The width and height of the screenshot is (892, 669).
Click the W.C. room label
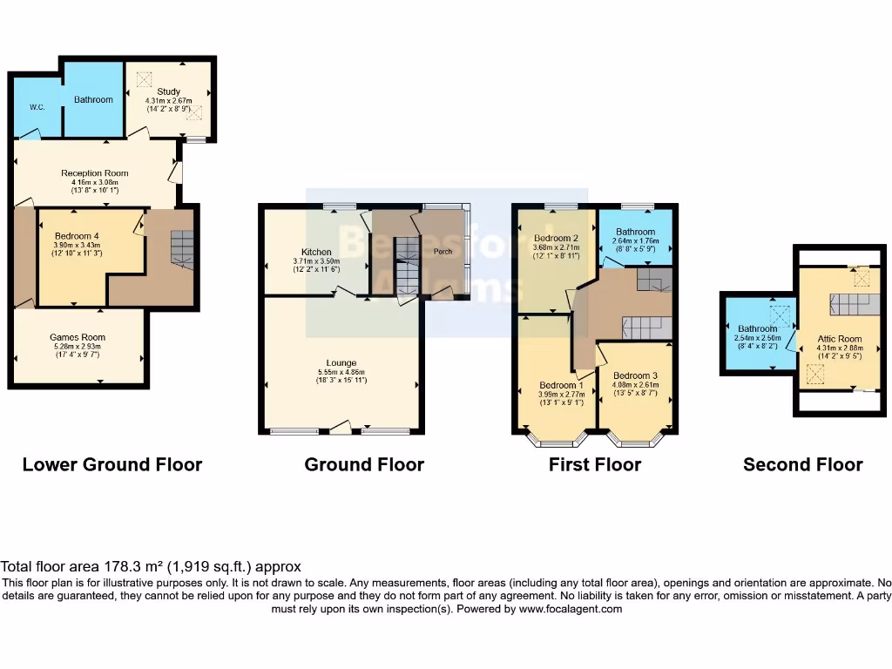point(37,108)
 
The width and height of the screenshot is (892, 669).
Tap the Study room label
point(168,91)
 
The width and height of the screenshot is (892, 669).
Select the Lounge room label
point(341,362)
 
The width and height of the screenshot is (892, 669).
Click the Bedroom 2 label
point(557,238)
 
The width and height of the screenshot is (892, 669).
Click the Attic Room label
point(839,339)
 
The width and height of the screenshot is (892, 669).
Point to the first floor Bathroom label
point(635,232)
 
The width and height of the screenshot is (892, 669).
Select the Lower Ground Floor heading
point(112,464)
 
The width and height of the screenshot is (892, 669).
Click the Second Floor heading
point(802,464)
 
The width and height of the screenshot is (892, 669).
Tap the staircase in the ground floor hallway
point(406,267)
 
